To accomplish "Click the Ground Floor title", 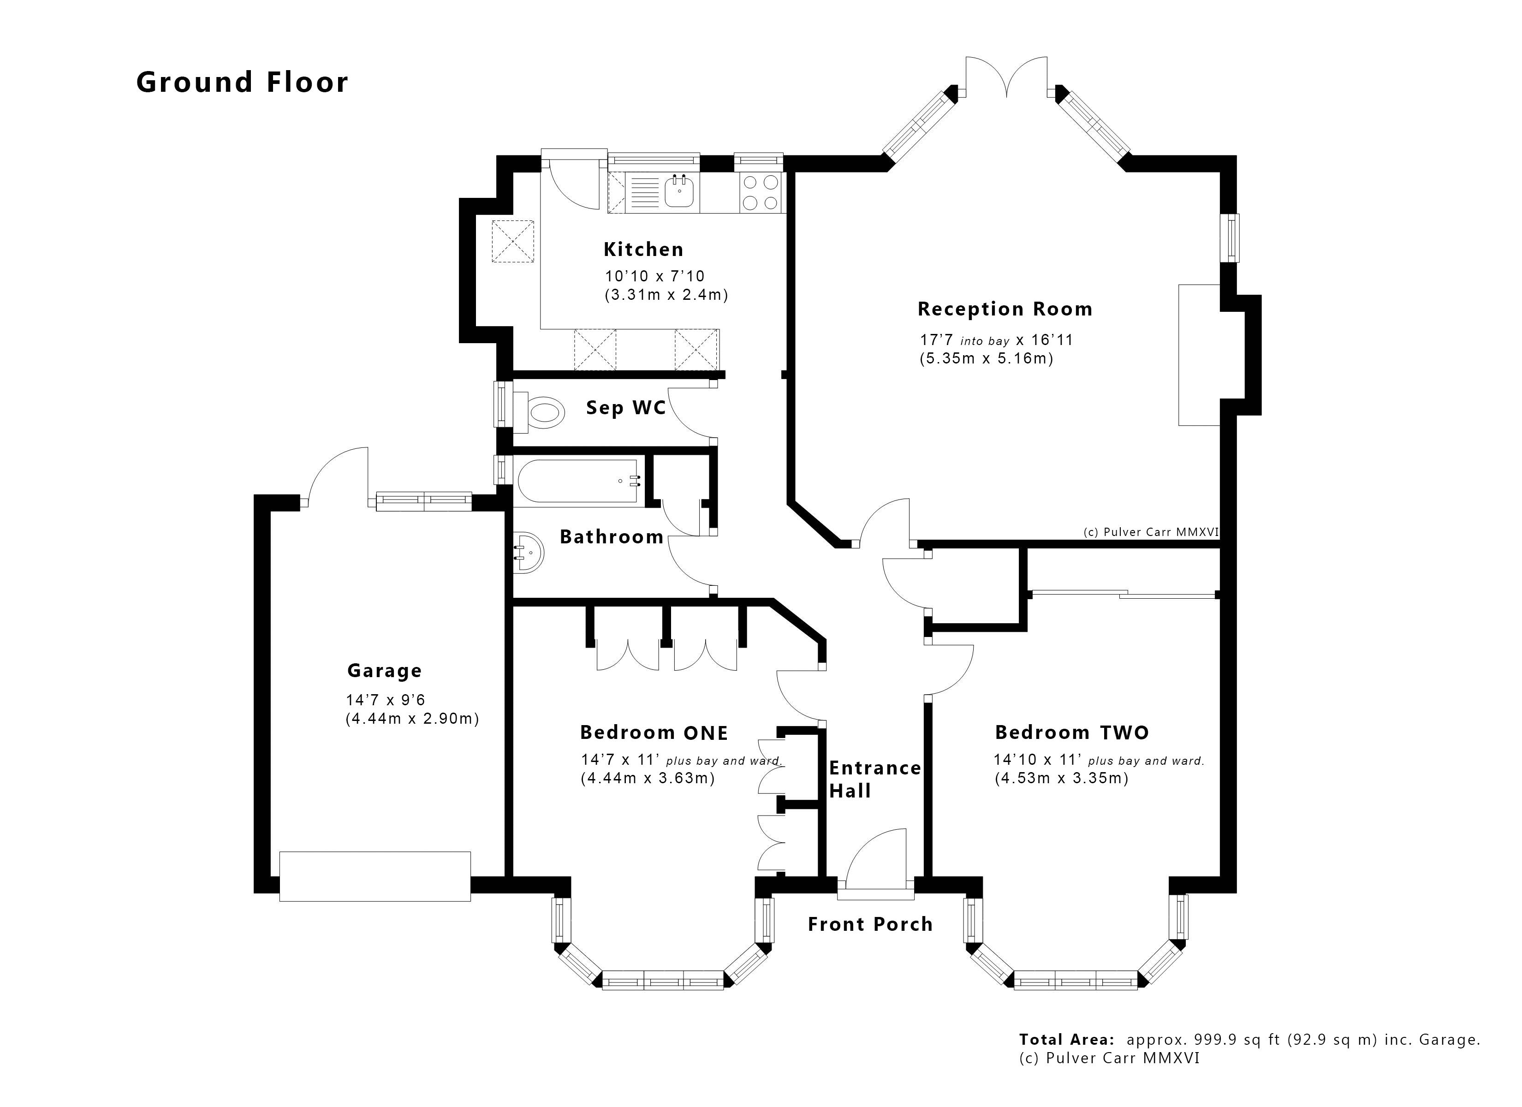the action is click(242, 83).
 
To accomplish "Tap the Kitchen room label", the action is click(643, 250).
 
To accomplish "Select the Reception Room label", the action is click(1005, 309).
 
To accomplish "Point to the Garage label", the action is click(385, 671).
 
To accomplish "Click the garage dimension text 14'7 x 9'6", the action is click(385, 700).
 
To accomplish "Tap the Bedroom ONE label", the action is click(654, 732).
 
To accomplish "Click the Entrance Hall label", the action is click(874, 779).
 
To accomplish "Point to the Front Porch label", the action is click(870, 924).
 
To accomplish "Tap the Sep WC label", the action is click(625, 408).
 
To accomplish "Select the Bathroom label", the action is click(612, 537).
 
